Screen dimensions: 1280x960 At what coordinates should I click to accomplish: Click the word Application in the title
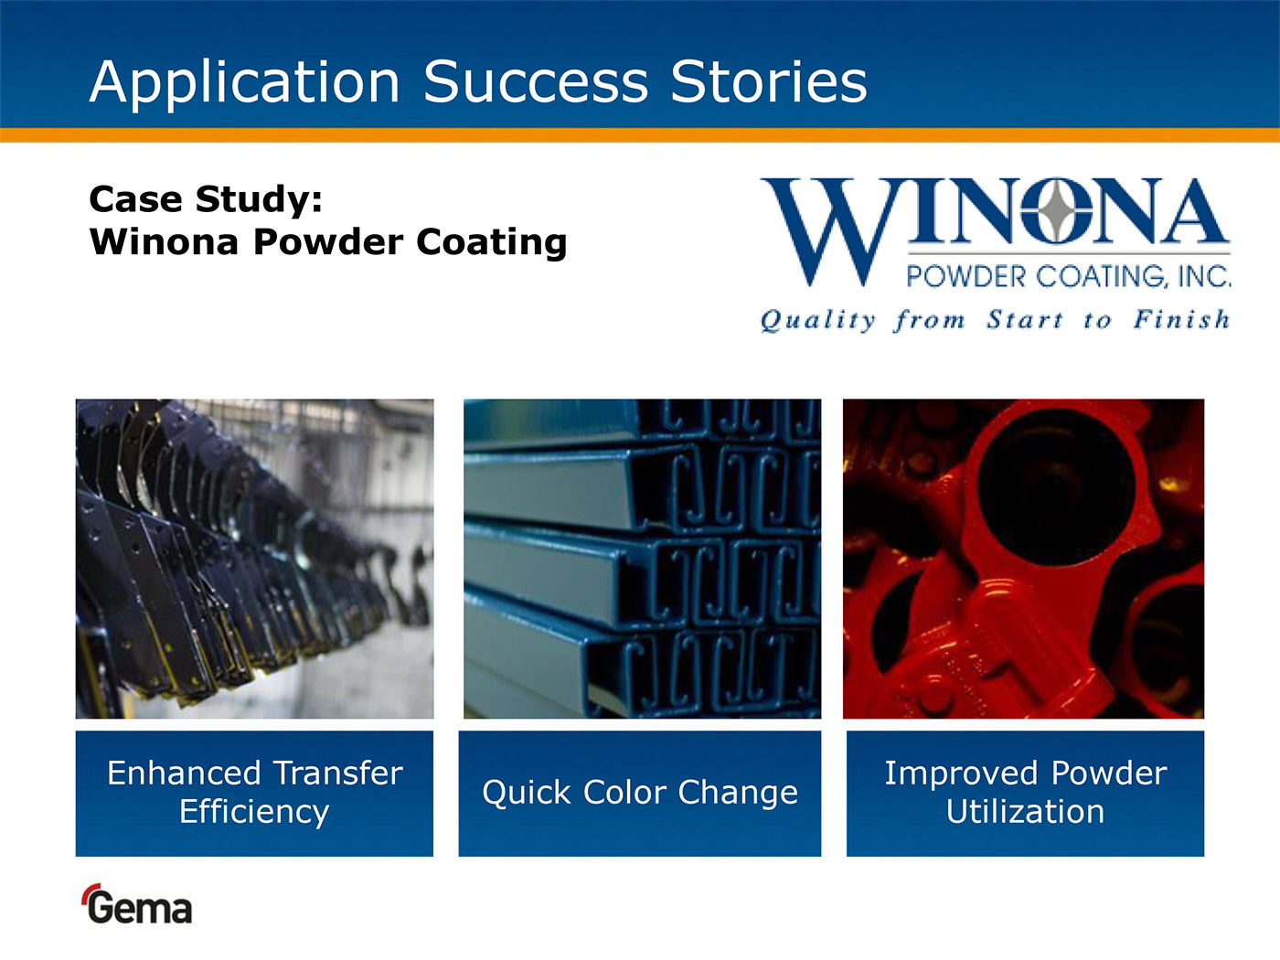coord(244,83)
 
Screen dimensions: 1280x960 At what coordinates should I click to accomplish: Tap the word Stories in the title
coord(769,81)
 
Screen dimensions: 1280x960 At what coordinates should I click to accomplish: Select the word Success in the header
coord(536,81)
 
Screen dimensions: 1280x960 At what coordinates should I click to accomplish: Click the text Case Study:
coord(206,199)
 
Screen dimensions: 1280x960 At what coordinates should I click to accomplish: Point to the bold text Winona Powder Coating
coord(327,241)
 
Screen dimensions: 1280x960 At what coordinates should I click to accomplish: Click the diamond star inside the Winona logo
coord(1056,210)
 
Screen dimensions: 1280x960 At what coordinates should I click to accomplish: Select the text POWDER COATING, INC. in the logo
coord(1069,276)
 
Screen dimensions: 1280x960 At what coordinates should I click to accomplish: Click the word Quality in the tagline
coord(818,320)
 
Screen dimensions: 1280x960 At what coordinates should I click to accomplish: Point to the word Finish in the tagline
coord(1181,319)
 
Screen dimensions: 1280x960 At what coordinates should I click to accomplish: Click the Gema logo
coord(136,904)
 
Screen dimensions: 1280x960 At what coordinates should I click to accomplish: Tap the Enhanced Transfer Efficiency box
coord(254,794)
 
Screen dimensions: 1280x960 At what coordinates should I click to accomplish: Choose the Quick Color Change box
coord(640,794)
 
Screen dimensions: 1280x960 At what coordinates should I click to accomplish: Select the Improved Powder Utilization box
coord(1025,794)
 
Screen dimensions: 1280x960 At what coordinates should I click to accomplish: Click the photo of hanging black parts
coord(254,559)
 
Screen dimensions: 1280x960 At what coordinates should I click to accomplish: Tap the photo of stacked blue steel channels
coord(642,559)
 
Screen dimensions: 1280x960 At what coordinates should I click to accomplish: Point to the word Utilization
coord(1025,811)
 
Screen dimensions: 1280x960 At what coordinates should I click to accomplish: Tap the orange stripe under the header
coord(640,135)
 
